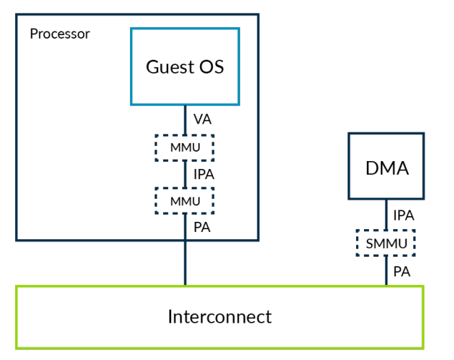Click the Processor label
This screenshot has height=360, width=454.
(x=60, y=34)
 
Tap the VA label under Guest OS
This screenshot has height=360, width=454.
(x=202, y=119)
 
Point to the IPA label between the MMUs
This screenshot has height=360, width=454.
(x=204, y=174)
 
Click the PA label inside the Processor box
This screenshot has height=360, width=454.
(x=202, y=228)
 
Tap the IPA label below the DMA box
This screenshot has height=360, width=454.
(x=404, y=215)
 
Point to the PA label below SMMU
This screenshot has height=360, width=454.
(x=402, y=271)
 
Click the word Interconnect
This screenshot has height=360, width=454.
(x=219, y=316)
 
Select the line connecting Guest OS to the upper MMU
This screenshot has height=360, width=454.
(x=185, y=120)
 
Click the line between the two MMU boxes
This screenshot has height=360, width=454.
(x=185, y=174)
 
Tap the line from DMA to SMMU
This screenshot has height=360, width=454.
(x=386, y=215)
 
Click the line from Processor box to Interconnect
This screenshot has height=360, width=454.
(x=185, y=263)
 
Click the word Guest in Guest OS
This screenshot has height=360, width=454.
(x=170, y=67)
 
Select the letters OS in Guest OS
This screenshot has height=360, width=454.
(x=212, y=67)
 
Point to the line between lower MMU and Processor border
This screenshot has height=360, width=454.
(x=185, y=227)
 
